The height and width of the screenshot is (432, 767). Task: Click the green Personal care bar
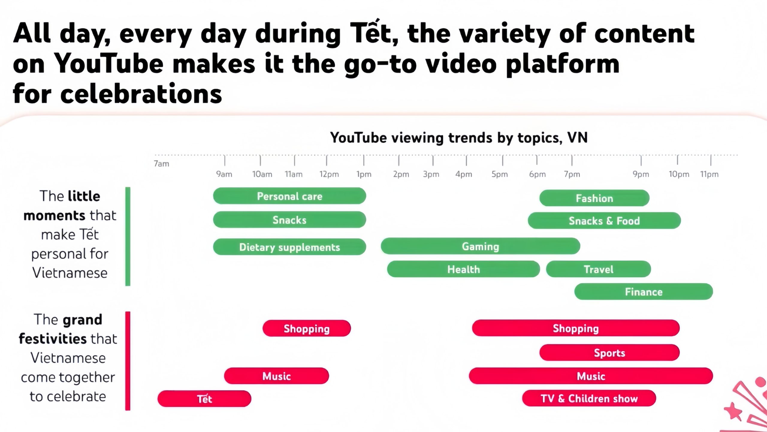(289, 196)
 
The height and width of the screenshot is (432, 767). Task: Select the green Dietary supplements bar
(289, 247)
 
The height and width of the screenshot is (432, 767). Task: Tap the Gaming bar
(480, 246)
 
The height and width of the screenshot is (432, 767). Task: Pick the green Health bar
(463, 269)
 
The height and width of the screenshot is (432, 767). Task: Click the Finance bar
(643, 292)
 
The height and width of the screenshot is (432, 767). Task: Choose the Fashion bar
(594, 198)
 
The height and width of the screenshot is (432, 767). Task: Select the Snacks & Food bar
(604, 221)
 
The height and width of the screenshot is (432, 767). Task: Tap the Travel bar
(598, 269)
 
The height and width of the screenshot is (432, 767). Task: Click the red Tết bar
(204, 399)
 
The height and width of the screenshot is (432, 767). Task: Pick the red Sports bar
(609, 353)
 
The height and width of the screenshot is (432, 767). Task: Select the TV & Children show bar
(589, 398)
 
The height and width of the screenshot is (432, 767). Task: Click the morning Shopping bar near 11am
(307, 328)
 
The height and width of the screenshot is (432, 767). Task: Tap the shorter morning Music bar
(276, 376)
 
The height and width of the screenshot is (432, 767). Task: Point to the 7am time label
(161, 164)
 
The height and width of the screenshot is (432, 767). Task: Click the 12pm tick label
(329, 174)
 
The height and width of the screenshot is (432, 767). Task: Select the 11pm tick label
(709, 174)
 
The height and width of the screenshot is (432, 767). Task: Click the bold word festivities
(52, 339)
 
